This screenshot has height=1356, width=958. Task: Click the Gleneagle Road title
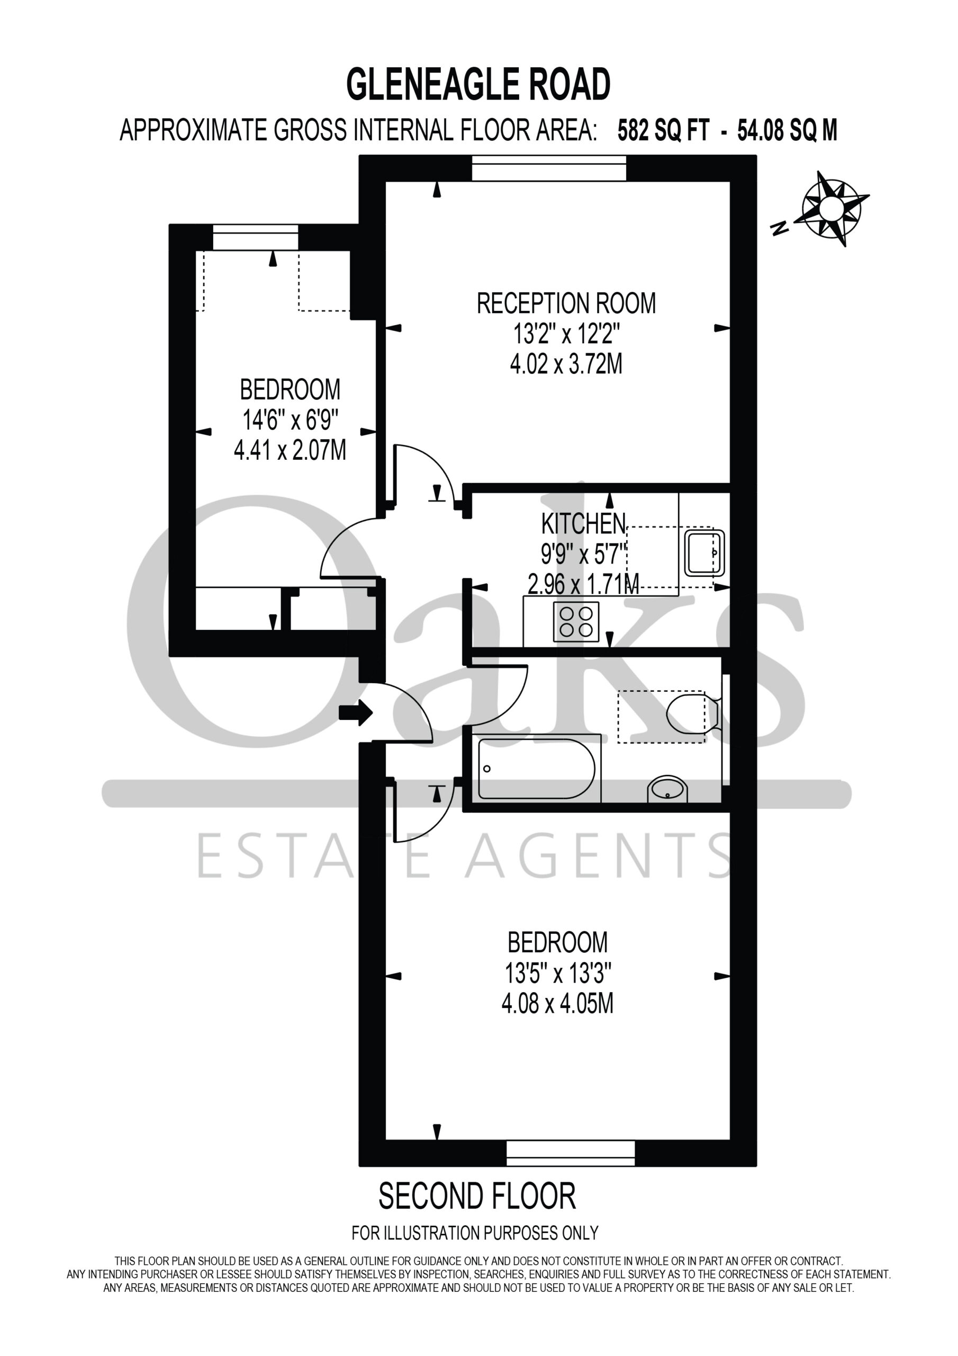[x=478, y=84]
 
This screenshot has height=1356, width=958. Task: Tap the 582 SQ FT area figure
[x=663, y=130]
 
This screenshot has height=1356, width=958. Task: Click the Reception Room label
[x=566, y=303]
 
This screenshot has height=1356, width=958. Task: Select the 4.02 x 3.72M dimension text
[x=566, y=364]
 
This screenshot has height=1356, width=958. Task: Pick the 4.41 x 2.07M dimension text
[x=290, y=450]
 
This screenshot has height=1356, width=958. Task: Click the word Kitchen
[x=583, y=524]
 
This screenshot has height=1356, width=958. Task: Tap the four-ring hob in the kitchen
[x=576, y=621]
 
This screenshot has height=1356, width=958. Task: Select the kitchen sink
[x=704, y=553]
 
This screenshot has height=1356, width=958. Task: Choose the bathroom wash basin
[x=668, y=789]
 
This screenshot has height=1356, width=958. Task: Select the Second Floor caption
[x=477, y=1197]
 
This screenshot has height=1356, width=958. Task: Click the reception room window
[x=549, y=168]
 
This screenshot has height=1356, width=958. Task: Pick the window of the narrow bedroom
[x=256, y=237]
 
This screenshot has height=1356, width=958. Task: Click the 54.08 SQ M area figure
[x=788, y=130]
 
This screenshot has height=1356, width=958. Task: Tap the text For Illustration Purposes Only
[x=475, y=1233]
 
